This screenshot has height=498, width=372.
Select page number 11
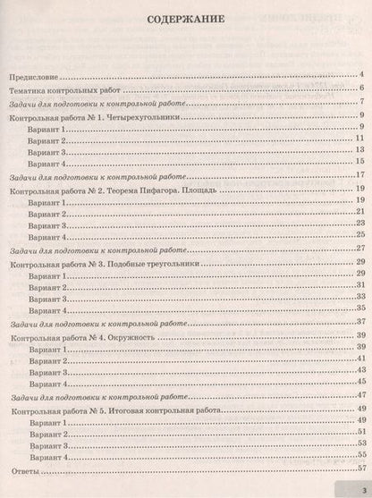pos(357,140)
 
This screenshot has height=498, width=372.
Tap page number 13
pos(357,152)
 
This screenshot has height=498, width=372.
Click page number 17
pos(357,176)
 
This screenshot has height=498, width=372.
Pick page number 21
pos(357,215)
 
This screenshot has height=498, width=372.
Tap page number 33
pos(357,295)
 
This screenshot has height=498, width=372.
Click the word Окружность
pos(132,340)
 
